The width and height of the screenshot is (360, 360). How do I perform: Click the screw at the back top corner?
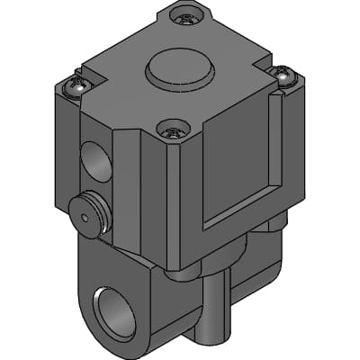point(186,17)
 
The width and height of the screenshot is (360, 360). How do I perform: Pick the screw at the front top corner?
point(173,131)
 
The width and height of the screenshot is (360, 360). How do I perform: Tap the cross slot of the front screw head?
point(173,130)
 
